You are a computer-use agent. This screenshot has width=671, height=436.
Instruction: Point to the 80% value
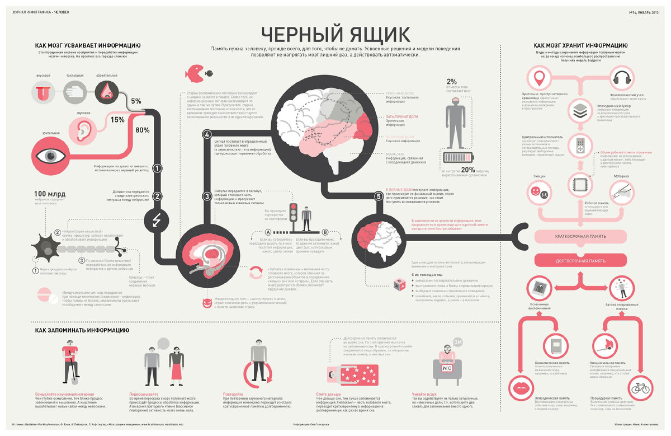(142, 130)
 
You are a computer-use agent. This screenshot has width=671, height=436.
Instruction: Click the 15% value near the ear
(117, 120)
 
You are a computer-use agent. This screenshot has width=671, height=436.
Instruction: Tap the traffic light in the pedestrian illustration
(292, 213)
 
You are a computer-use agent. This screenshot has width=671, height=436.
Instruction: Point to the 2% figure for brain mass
(452, 82)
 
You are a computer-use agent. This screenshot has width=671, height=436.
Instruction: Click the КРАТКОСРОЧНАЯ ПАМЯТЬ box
(580, 237)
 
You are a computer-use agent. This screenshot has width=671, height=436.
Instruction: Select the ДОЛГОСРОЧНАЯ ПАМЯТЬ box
(580, 261)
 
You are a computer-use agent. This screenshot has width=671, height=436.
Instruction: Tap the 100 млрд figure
(50, 194)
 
